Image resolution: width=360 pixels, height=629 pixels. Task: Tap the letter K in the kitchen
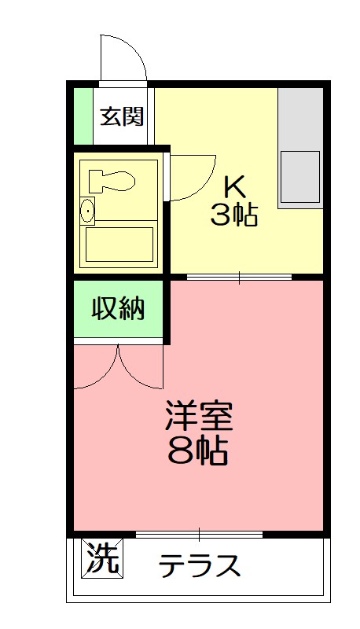(235, 187)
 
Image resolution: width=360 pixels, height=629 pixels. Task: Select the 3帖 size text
(233, 215)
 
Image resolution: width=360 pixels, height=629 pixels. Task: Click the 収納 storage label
(119, 309)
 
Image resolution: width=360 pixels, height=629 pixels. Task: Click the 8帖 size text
(198, 451)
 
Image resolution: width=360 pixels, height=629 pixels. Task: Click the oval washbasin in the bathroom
(87, 211)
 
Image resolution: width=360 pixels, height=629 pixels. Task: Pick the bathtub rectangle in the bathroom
(120, 244)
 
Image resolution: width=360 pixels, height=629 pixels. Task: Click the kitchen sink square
(299, 177)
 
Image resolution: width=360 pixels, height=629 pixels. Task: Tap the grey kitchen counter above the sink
(299, 118)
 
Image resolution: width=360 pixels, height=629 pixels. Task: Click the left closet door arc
(96, 368)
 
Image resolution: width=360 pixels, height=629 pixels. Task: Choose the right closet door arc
(140, 368)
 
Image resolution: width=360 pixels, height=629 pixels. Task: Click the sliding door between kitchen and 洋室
(239, 277)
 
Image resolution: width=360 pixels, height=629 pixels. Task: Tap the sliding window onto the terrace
(199, 535)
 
